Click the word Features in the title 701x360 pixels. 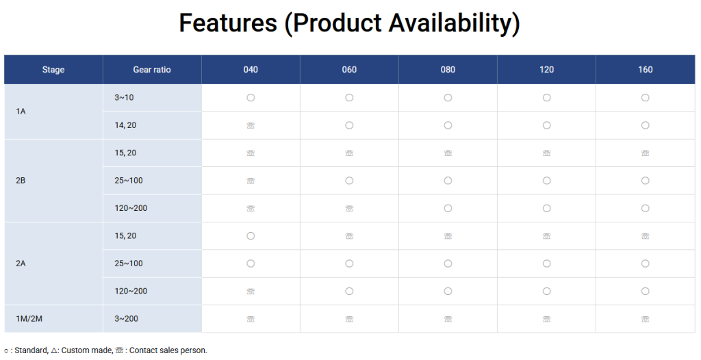click(228, 23)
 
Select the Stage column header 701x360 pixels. click(53, 69)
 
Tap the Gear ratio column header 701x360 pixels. click(152, 69)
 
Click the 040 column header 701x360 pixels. click(251, 69)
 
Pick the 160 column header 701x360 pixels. click(645, 69)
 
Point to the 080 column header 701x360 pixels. click(448, 69)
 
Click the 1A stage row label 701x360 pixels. click(21, 112)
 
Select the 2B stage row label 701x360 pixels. click(21, 181)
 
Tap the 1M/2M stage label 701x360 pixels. click(29, 319)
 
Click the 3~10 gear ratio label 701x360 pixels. click(124, 97)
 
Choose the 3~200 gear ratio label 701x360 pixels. click(126, 319)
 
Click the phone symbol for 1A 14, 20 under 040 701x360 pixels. click(251, 126)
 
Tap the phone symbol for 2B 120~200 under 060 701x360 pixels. click(349, 208)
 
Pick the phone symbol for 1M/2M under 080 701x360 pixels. click(448, 320)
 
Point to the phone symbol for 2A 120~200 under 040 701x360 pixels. click(251, 292)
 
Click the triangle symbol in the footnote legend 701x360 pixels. click(54, 350)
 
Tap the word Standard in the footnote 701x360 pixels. click(31, 350)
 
